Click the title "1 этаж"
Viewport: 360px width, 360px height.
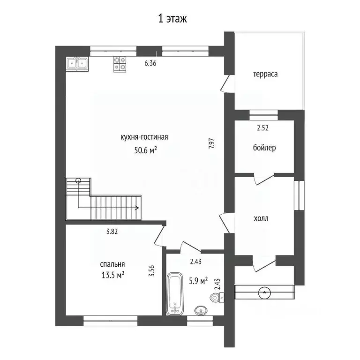(172, 19)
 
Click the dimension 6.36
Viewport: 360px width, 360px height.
(150, 63)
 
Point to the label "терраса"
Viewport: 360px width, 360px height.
(265, 74)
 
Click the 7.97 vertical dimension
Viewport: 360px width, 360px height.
(211, 143)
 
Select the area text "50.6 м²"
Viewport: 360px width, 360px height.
(146, 150)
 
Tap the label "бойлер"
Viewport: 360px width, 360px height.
(264, 148)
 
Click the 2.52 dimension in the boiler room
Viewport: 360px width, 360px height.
(262, 127)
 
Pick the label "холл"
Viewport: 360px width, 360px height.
(261, 218)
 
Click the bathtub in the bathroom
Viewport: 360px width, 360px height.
(175, 293)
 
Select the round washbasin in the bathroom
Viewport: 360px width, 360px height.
(201, 310)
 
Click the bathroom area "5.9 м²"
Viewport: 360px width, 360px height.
(198, 281)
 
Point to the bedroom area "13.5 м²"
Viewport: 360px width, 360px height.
(113, 275)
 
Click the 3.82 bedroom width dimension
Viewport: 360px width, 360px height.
(112, 232)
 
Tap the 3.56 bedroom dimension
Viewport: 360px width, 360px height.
(151, 271)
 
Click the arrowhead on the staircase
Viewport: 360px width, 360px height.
(137, 208)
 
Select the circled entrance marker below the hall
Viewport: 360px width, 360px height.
(264, 292)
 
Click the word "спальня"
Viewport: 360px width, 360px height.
(112, 264)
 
